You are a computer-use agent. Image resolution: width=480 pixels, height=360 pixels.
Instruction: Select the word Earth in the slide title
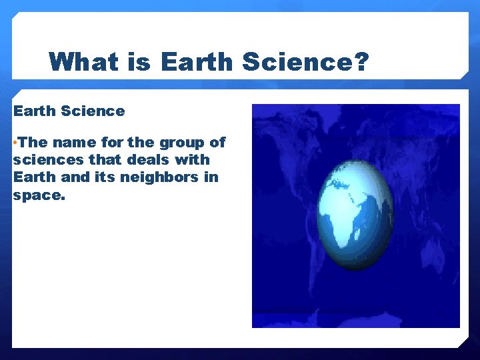tap(197, 62)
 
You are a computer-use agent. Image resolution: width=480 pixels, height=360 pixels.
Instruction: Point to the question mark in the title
tap(360, 62)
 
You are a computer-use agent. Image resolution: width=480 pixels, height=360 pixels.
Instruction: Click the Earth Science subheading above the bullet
tap(69, 111)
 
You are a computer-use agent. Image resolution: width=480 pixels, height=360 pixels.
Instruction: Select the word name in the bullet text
tap(75, 143)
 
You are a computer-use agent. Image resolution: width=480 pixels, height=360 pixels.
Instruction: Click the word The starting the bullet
tap(33, 143)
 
